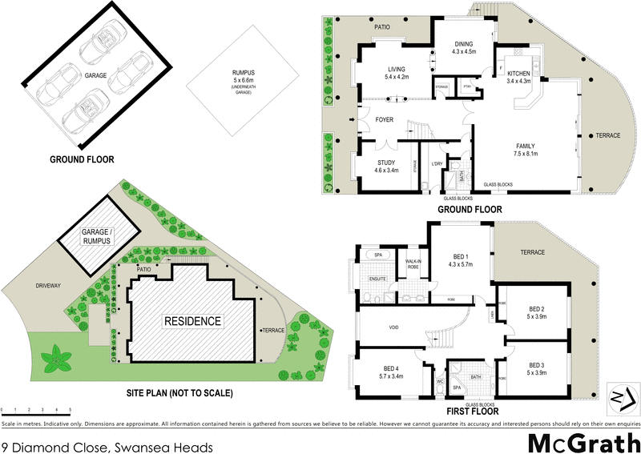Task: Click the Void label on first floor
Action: pyautogui.click(x=393, y=327)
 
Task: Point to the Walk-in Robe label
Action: pyautogui.click(x=413, y=263)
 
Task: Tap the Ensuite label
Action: pyautogui.click(x=378, y=279)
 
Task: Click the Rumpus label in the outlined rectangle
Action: pyautogui.click(x=243, y=81)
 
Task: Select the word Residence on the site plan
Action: pyautogui.click(x=192, y=321)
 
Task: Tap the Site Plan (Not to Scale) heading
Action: pyautogui.click(x=179, y=393)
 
